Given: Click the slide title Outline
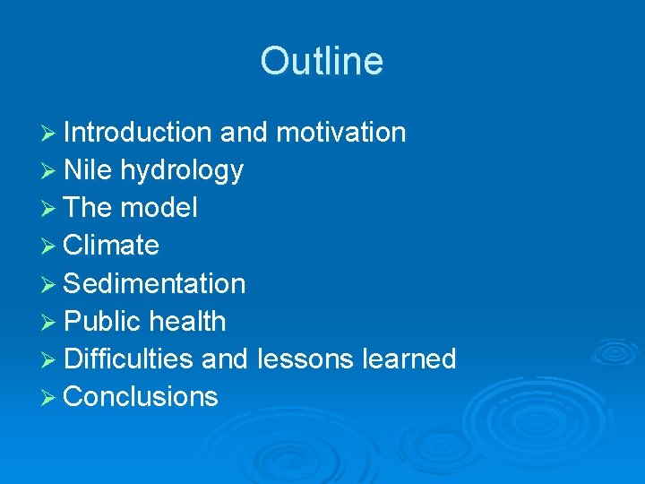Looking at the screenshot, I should [x=322, y=62].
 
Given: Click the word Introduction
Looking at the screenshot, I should [x=137, y=133].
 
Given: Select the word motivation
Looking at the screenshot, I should [x=340, y=133].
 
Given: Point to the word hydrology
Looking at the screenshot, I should [x=182, y=170].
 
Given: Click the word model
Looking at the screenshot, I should [x=159, y=208].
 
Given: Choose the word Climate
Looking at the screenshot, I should [x=112, y=246].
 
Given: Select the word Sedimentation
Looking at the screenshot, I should [x=155, y=284].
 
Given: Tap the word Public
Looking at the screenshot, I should [x=103, y=322].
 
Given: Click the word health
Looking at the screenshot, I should [x=187, y=322].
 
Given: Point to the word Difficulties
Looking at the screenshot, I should [x=129, y=359].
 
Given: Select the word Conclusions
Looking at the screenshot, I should [x=142, y=397].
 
